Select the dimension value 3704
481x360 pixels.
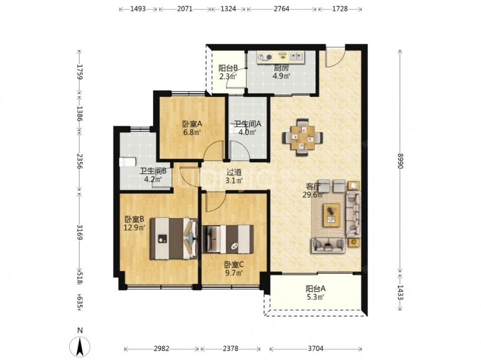click(316, 348)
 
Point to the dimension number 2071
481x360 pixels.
click(185, 9)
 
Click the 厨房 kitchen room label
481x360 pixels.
click(281, 67)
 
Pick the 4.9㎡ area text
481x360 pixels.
click(281, 76)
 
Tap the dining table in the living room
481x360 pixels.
click(303, 137)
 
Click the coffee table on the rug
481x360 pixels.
click(331, 215)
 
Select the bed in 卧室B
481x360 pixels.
click(174, 238)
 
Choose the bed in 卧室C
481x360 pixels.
click(228, 239)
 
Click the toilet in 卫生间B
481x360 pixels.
click(127, 161)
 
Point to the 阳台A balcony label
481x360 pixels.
click(316, 288)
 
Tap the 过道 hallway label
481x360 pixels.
click(234, 173)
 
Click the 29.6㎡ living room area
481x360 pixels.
click(313, 195)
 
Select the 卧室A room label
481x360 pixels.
click(192, 124)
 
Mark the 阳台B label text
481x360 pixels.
click(228, 68)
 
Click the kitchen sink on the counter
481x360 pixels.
click(297, 56)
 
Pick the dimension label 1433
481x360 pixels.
click(400, 292)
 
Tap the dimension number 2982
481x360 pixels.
click(162, 348)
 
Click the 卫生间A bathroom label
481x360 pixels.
click(248, 124)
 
